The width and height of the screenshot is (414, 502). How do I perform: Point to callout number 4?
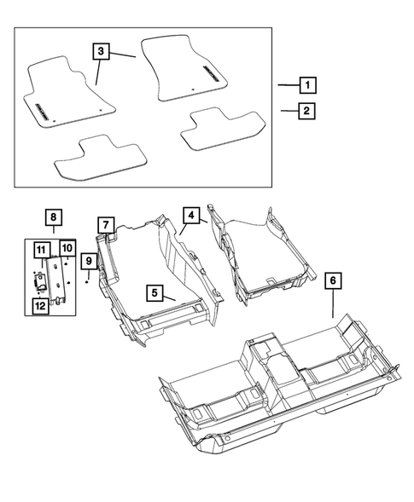tap(192, 215)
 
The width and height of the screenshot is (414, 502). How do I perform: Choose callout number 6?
tap(332, 279)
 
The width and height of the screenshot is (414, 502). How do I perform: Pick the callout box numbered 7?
tap(105, 226)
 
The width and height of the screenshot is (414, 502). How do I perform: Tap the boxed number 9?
tap(87, 259)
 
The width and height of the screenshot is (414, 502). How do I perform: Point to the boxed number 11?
tap(41, 249)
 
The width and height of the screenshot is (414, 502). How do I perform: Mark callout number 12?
tap(41, 305)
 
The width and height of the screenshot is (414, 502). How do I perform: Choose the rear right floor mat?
tap(223, 130)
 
